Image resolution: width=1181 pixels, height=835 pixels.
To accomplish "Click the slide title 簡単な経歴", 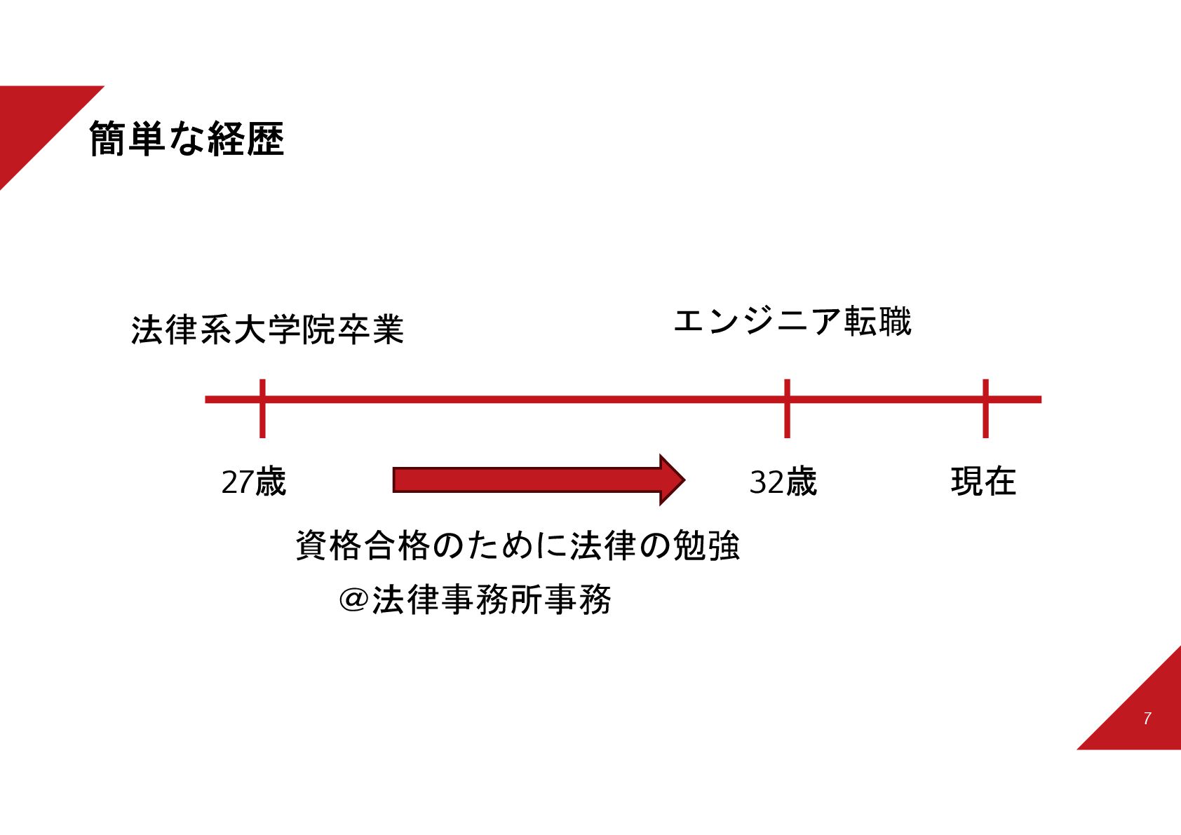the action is pos(187,139).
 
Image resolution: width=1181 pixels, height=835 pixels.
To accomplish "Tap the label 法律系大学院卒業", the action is pos(267,330).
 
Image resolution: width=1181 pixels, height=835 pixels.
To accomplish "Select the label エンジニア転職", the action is pos(792,321).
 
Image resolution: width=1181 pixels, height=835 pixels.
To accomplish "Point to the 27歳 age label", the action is pos(253,482).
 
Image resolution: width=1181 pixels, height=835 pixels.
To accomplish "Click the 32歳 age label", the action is pos(783,482).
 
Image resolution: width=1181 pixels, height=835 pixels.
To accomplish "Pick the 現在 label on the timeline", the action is pos(983,482).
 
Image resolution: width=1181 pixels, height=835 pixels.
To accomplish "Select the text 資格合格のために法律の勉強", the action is pos(518,545).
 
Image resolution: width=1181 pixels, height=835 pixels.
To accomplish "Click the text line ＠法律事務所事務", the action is pos(475,599).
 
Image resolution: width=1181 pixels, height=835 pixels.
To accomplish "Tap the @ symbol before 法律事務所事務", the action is pos(353,600).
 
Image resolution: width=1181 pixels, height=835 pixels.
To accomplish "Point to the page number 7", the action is pos(1147,719).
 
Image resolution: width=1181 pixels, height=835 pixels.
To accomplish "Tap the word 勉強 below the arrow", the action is pos(706,545).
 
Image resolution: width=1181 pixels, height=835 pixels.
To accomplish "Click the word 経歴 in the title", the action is pos(245,139).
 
